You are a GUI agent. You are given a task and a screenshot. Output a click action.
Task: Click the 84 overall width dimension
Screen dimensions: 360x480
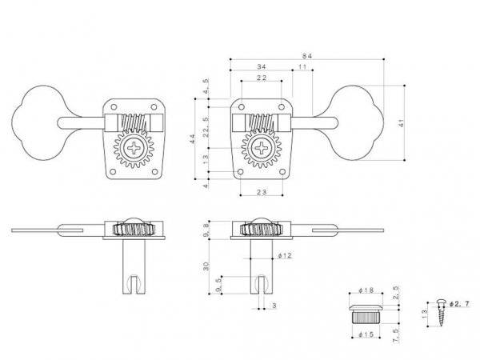306,54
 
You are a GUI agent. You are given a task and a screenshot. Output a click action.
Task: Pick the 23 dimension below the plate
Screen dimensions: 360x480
262,193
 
